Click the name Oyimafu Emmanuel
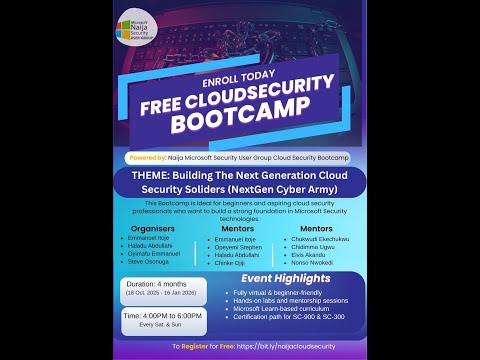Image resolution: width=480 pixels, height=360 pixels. (160, 255)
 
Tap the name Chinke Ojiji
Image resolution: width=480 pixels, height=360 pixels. (237, 263)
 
